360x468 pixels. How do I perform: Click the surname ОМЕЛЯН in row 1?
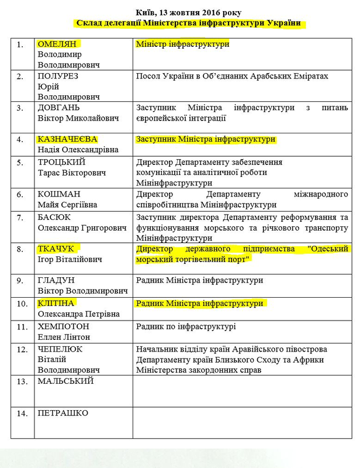(x=57, y=44)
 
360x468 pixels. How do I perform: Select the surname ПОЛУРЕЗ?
(x=59, y=76)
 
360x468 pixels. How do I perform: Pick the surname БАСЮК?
(x=54, y=217)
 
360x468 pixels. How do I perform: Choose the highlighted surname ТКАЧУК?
(x=56, y=249)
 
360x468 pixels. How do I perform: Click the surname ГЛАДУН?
(x=57, y=280)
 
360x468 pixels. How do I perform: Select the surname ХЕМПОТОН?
(x=63, y=326)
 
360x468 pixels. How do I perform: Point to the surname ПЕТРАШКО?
(x=63, y=413)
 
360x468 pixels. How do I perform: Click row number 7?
(x=20, y=217)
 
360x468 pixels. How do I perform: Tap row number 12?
(x=22, y=349)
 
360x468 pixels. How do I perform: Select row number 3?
(x=20, y=108)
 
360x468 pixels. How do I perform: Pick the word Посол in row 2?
(x=148, y=76)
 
